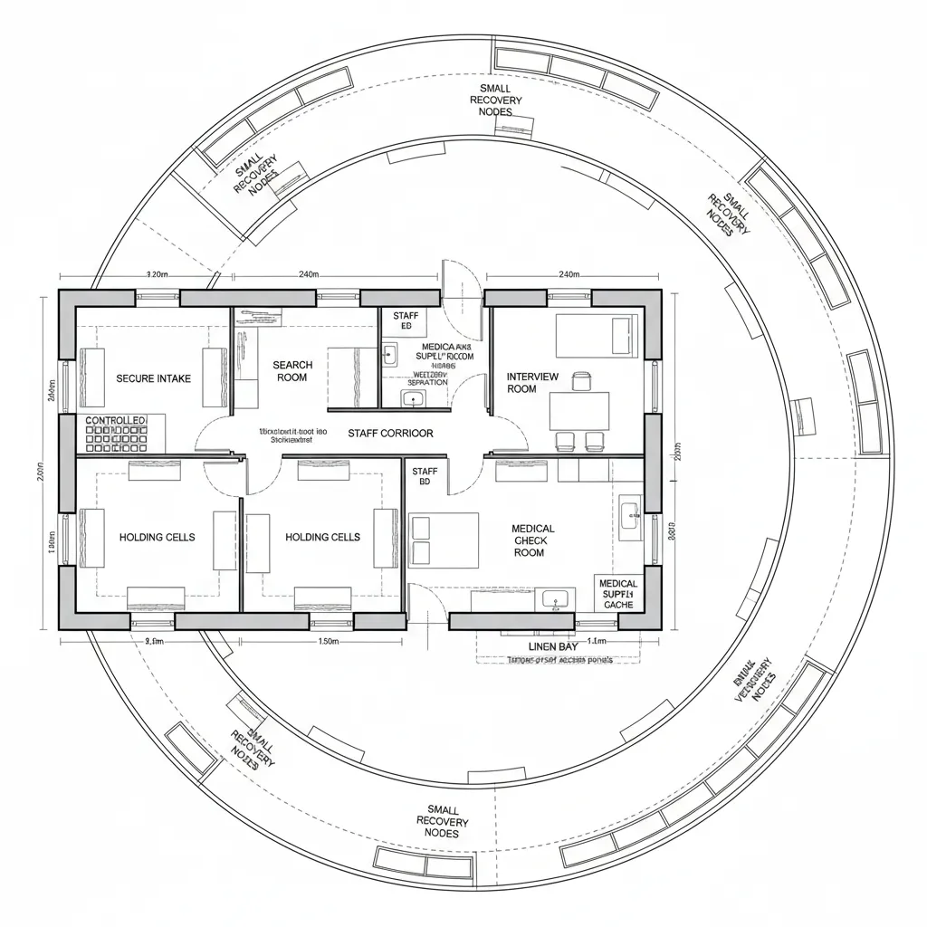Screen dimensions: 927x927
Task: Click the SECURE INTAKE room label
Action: point(154,378)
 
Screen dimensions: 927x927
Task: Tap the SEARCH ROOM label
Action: point(292,371)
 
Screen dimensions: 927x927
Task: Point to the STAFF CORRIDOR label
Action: point(390,434)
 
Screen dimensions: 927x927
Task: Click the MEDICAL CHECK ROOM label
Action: point(532,540)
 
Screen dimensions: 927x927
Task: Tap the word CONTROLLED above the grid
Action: point(115,422)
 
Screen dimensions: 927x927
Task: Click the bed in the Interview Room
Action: point(597,334)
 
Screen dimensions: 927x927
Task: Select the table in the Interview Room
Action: point(579,410)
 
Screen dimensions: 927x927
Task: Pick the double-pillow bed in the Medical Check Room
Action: point(444,540)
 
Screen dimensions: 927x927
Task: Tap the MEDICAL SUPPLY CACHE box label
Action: point(618,594)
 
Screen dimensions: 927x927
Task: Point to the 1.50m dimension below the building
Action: point(329,642)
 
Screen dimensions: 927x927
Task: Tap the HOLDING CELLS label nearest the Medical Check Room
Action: point(322,537)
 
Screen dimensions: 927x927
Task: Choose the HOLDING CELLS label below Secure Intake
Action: point(157,537)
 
